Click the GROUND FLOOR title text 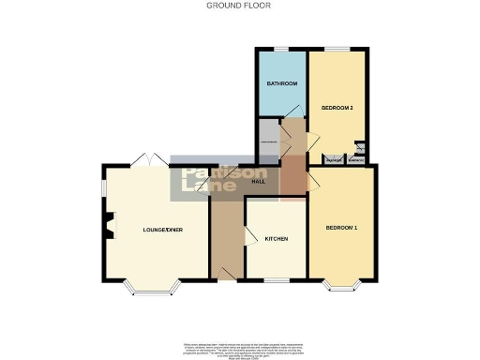point(239,5)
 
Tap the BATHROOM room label point(281,84)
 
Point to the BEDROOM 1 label point(341,228)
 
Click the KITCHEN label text point(275,239)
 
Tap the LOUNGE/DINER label point(155,230)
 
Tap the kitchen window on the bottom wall point(276,279)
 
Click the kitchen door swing point(250,237)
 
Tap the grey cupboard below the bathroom point(268,141)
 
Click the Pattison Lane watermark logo point(224,182)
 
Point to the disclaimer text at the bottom point(239,342)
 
